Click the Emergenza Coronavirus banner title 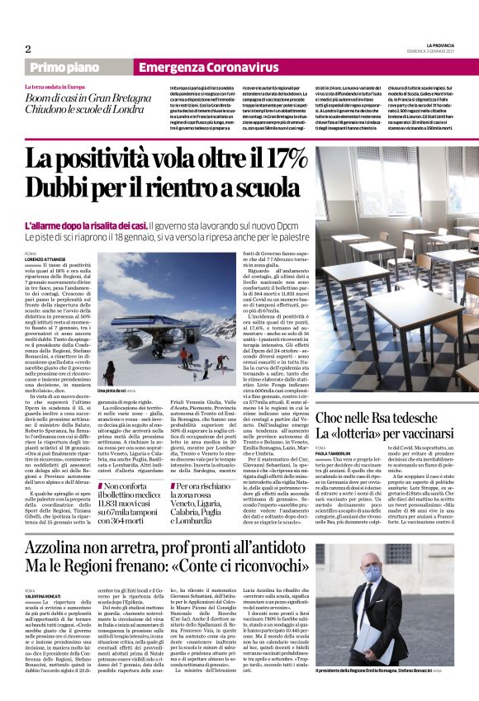pos(209,67)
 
